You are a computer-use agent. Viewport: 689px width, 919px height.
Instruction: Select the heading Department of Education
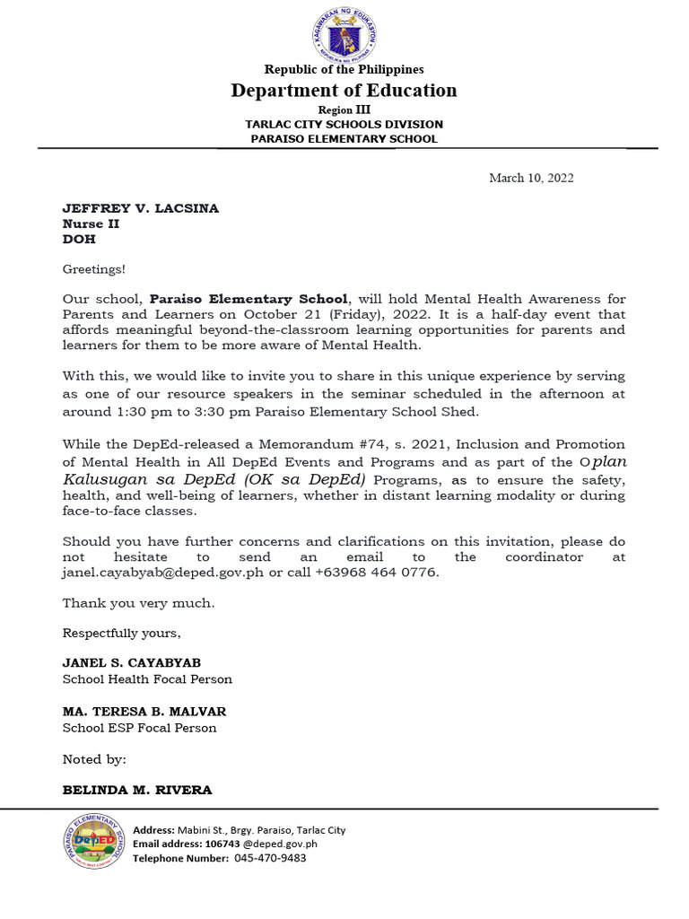pyautogui.click(x=344, y=90)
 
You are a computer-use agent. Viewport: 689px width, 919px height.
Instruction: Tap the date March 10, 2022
pyautogui.click(x=531, y=178)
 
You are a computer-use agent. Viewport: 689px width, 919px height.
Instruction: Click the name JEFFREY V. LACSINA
pyautogui.click(x=140, y=208)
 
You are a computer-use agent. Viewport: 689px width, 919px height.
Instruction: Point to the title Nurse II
pyautogui.click(x=91, y=223)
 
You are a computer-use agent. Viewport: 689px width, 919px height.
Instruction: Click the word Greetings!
pyautogui.click(x=94, y=268)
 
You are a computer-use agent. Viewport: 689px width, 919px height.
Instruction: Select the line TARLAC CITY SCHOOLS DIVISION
pyautogui.click(x=344, y=124)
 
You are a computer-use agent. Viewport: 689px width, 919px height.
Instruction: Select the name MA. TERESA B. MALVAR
pyautogui.click(x=144, y=712)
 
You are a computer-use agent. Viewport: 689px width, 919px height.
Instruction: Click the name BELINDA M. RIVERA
pyautogui.click(x=136, y=791)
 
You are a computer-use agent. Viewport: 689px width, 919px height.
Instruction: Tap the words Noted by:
pyautogui.click(x=94, y=759)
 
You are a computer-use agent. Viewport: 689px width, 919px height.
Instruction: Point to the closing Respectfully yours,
pyautogui.click(x=121, y=633)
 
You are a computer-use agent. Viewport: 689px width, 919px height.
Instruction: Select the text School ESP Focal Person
pyautogui.click(x=139, y=728)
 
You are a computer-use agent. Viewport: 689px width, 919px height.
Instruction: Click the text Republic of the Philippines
pyautogui.click(x=344, y=69)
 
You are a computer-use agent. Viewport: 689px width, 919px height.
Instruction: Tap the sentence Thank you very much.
pyautogui.click(x=138, y=603)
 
